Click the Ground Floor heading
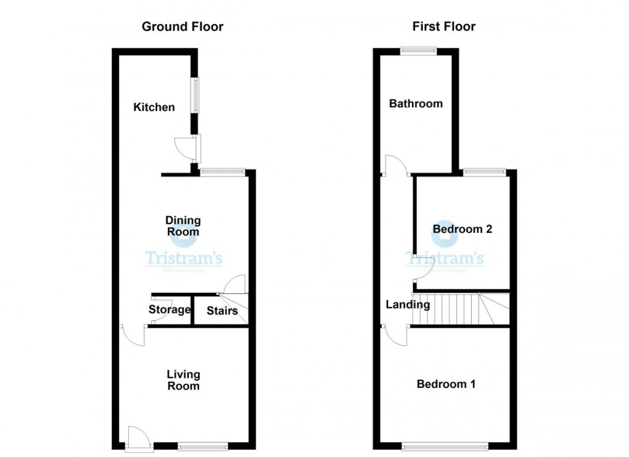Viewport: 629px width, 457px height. (183, 26)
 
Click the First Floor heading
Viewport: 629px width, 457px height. (445, 26)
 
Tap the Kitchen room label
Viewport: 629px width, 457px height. (154, 107)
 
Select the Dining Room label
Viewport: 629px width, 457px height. (183, 226)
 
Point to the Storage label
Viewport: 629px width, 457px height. (170, 310)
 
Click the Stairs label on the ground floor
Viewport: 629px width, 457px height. (222, 310)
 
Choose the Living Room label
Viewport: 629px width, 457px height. (183, 380)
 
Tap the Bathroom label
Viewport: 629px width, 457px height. (416, 103)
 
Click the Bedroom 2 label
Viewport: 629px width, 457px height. (462, 229)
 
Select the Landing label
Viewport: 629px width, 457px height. (408, 304)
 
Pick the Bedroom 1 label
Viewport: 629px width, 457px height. (446, 384)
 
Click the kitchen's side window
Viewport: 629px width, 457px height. (195, 95)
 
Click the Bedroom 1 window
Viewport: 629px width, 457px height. (444, 445)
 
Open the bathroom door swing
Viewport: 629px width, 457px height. (394, 165)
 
